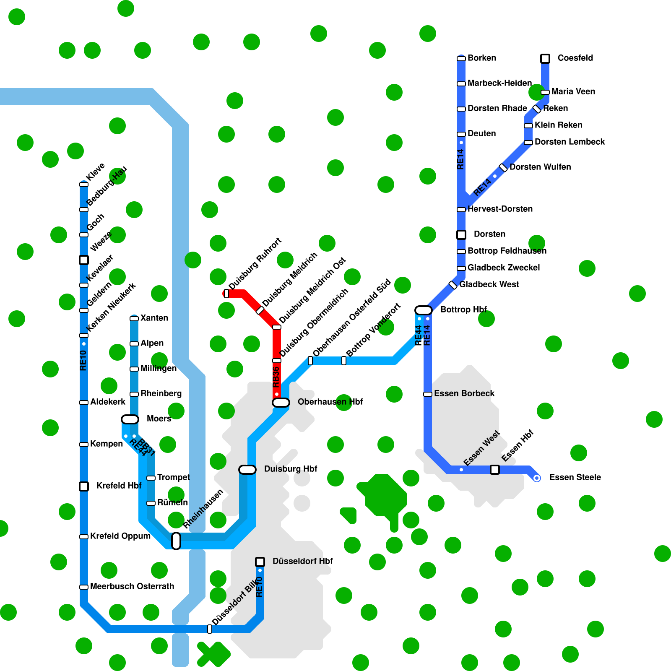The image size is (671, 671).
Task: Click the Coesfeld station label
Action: [x=575, y=58]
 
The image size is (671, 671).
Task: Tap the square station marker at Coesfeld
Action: [x=545, y=59]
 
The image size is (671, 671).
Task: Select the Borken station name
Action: [x=482, y=58]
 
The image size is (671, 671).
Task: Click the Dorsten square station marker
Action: [x=461, y=235]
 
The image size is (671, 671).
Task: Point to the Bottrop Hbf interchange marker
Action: [x=424, y=310]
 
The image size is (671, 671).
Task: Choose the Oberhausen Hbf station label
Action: [x=330, y=402]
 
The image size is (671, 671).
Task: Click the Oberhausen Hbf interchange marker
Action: [x=281, y=403]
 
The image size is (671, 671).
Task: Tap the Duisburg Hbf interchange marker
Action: [x=247, y=470]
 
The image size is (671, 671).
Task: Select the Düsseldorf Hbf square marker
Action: [x=260, y=562]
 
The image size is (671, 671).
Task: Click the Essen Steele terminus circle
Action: [x=537, y=478]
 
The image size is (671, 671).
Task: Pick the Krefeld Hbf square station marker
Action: [x=84, y=486]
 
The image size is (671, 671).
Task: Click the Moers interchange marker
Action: [x=130, y=419]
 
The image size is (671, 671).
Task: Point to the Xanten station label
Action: [x=154, y=318]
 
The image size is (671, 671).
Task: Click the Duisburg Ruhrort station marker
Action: [x=226, y=294]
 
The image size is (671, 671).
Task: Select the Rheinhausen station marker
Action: [x=176, y=541]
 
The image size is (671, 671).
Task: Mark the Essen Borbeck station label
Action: [x=464, y=393]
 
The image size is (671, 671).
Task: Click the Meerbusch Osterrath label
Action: [x=132, y=586]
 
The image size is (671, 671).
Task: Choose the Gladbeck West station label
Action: [x=489, y=284]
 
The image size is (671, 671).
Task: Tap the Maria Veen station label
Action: [x=573, y=91]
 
